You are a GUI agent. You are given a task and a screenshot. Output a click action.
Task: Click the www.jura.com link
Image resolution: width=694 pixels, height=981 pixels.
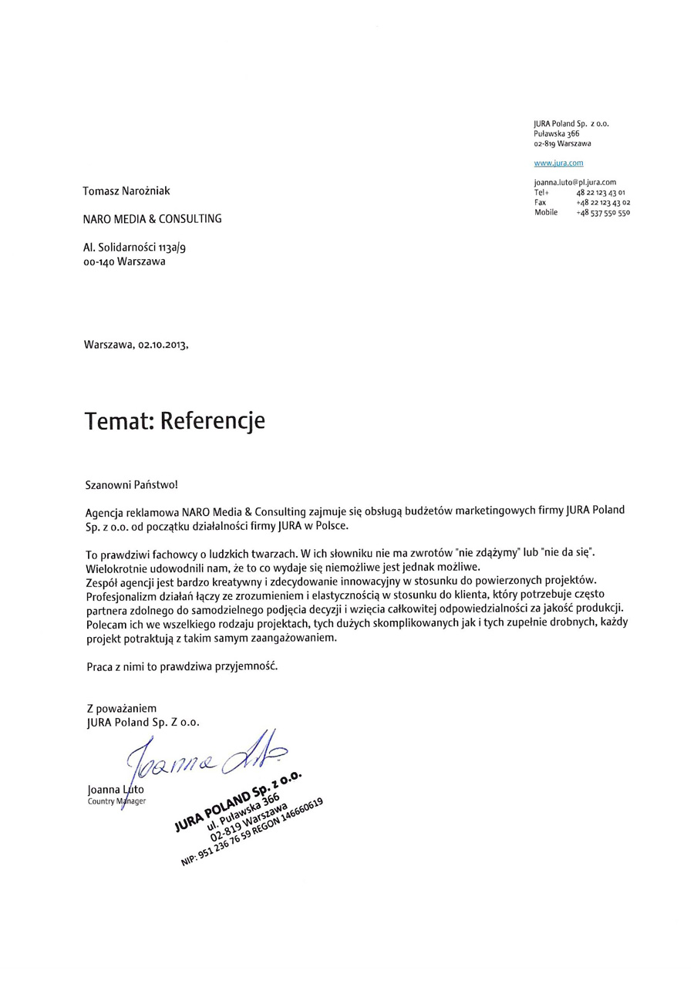[558, 163]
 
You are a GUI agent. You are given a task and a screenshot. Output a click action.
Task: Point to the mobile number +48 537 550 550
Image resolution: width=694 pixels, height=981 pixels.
[602, 213]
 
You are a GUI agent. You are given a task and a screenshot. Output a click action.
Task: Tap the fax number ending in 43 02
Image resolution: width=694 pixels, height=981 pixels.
[602, 202]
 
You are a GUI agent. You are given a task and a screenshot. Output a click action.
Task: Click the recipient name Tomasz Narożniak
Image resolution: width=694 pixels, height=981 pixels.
[126, 190]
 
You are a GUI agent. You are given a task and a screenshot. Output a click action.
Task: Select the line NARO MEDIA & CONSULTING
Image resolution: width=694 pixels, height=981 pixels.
[152, 219]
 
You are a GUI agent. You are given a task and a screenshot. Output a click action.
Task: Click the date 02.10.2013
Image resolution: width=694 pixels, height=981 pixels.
[162, 346]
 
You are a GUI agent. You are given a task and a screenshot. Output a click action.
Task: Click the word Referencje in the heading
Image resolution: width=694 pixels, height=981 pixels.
[212, 420]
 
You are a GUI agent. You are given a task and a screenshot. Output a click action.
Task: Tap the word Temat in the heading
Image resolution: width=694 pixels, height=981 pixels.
[116, 420]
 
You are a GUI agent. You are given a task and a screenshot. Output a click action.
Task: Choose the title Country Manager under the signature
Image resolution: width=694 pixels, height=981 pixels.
[116, 801]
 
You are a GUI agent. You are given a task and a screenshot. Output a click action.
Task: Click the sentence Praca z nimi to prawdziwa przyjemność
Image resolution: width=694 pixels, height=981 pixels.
[181, 666]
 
